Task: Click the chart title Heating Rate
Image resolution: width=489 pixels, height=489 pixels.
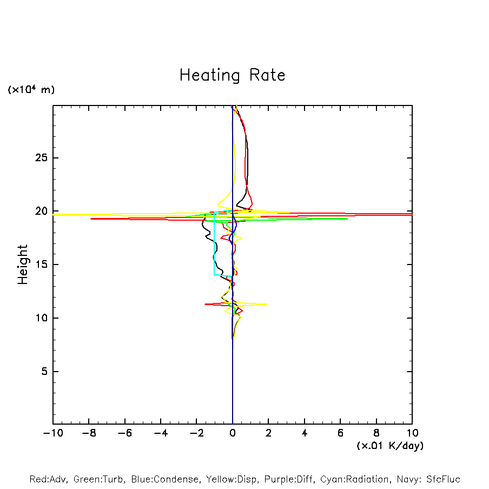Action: point(232,75)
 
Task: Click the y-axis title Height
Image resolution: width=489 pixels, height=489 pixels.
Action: point(23,265)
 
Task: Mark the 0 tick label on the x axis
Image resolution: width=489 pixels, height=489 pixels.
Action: point(233,433)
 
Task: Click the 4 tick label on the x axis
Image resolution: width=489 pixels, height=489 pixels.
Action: point(305,433)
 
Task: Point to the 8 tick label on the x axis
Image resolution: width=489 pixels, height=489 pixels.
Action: point(376,433)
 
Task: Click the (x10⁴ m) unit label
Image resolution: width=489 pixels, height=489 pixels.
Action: point(31,90)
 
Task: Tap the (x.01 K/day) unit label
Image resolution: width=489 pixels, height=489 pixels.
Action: point(389,446)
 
